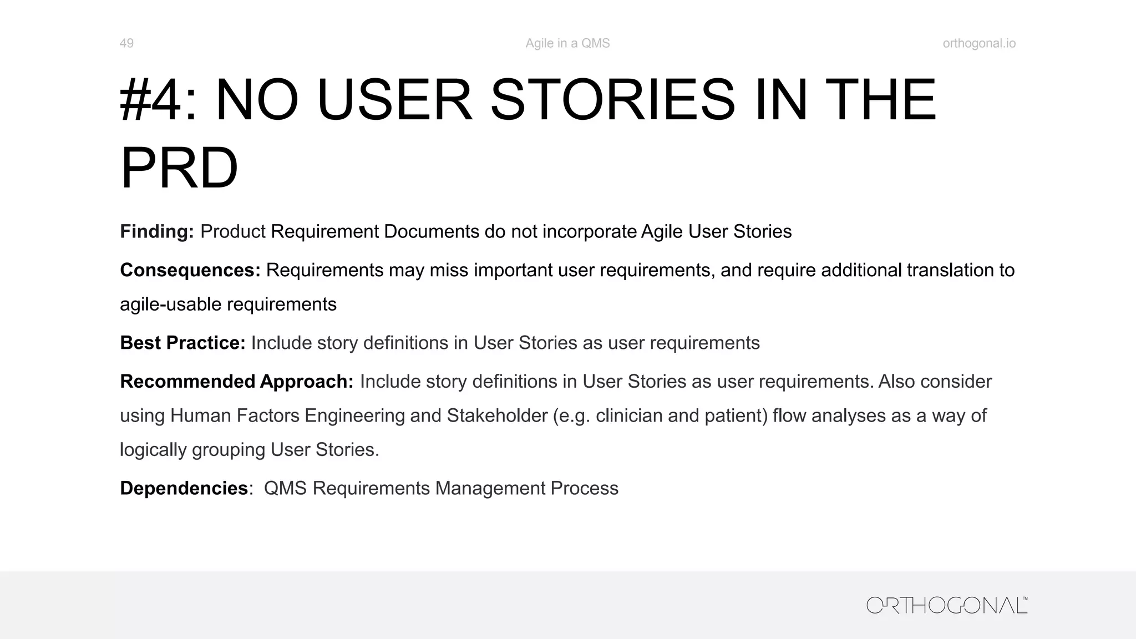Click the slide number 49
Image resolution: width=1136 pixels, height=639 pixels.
pyautogui.click(x=126, y=43)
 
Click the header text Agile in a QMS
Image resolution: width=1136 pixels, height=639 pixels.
pyautogui.click(x=567, y=43)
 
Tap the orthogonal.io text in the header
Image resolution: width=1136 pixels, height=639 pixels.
pyautogui.click(x=979, y=43)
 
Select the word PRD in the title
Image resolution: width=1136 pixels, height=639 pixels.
pyautogui.click(x=179, y=168)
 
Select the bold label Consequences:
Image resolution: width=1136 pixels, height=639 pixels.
pyautogui.click(x=190, y=270)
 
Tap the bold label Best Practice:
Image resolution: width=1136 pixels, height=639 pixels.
pyautogui.click(x=182, y=343)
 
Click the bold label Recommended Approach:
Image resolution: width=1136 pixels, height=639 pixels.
pyautogui.click(x=236, y=382)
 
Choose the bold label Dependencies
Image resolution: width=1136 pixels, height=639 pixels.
pyautogui.click(x=184, y=488)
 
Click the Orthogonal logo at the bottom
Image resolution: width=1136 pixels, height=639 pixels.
pyautogui.click(x=947, y=605)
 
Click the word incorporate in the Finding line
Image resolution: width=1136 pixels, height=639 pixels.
pyautogui.click(x=589, y=231)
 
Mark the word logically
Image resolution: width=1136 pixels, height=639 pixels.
pyautogui.click(x=153, y=450)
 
